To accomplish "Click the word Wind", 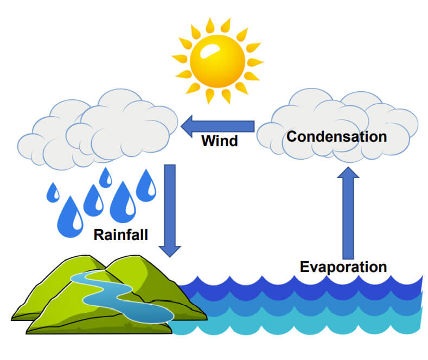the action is (220, 141).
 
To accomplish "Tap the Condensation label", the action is (336, 136).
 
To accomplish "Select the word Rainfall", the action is (120, 235).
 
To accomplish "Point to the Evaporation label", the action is (343, 267).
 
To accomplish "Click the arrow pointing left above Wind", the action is (218, 126).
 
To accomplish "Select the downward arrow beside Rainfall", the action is (170, 211).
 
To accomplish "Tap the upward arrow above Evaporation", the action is (348, 213).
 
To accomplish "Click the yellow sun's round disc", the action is (218, 61).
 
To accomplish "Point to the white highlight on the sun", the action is (209, 51).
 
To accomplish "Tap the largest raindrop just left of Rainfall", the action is (70, 217).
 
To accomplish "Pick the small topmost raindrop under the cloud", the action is (105, 178).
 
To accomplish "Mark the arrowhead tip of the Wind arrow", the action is (181, 126).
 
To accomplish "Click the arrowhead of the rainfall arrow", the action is (170, 251).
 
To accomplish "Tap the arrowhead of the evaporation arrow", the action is (348, 172).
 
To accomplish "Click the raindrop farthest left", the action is (53, 193).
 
